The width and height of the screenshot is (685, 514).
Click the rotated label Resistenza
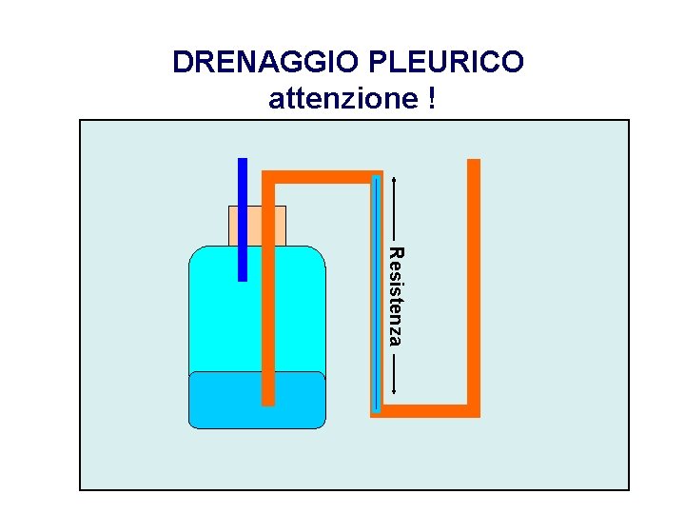click(x=396, y=296)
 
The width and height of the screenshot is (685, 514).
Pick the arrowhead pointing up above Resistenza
click(x=395, y=179)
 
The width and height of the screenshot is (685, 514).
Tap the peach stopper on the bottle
click(x=257, y=226)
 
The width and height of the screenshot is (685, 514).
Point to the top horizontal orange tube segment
click(x=323, y=176)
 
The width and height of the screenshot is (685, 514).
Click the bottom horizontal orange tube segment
click(x=428, y=410)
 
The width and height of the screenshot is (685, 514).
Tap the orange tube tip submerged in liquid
click(x=268, y=390)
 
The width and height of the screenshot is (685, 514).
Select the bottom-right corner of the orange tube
click(x=474, y=410)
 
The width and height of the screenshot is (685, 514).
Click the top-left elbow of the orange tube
click(x=268, y=176)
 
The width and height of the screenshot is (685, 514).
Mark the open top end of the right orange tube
click(x=474, y=162)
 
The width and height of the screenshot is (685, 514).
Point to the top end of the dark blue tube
click(x=243, y=160)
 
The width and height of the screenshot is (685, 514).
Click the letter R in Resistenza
click(x=396, y=252)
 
